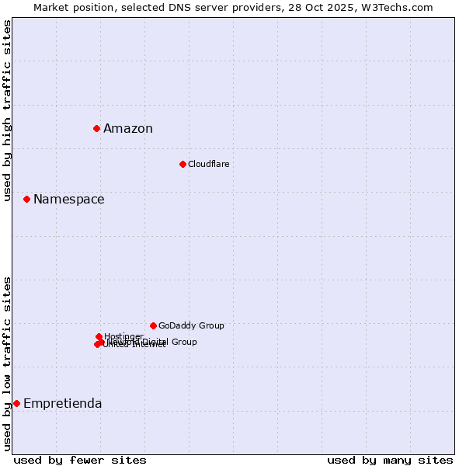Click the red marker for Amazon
[x=96, y=128]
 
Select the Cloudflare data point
[x=183, y=164]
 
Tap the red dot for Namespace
[x=26, y=200]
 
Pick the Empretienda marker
[x=16, y=403]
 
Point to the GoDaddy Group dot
[x=153, y=325]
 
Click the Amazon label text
[x=128, y=129]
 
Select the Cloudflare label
[x=208, y=164]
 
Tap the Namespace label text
[x=68, y=200]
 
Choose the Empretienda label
[x=62, y=403]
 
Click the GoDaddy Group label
[x=191, y=325]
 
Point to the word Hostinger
[x=123, y=336]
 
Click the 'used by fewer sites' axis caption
[x=80, y=460]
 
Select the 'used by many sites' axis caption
[x=390, y=460]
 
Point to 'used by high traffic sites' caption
[x=8, y=110]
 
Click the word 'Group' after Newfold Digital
[x=184, y=342]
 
